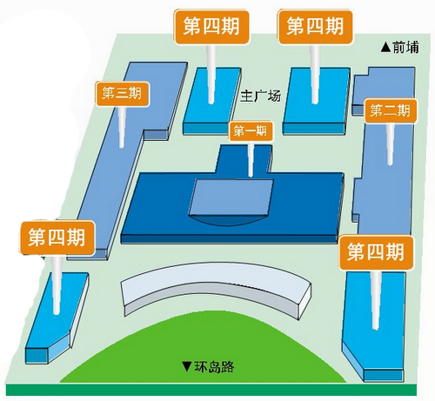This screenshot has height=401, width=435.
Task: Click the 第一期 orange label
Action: [x=251, y=131]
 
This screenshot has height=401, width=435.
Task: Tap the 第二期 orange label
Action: [x=391, y=111]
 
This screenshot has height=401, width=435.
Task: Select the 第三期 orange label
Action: [x=122, y=93]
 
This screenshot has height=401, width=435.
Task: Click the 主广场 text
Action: [x=260, y=96]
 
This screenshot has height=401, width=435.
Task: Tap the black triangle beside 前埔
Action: [x=386, y=48]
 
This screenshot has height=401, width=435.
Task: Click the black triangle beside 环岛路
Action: [x=187, y=366]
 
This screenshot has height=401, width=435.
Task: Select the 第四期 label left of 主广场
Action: [x=211, y=27]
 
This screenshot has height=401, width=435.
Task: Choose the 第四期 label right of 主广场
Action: [x=315, y=26]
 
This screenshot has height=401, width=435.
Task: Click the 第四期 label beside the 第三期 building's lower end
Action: [x=57, y=237]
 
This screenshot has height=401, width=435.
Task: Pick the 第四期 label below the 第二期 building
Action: [x=376, y=252]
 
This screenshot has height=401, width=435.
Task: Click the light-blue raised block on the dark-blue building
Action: [x=231, y=197]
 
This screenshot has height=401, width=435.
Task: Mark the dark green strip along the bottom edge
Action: [x=211, y=390]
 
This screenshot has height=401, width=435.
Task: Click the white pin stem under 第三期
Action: [x=122, y=126]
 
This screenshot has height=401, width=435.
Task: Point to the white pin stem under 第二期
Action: [x=391, y=144]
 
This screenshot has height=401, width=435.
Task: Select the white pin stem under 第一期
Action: [x=251, y=159]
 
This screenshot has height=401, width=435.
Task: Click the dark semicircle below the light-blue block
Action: [x=228, y=220]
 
